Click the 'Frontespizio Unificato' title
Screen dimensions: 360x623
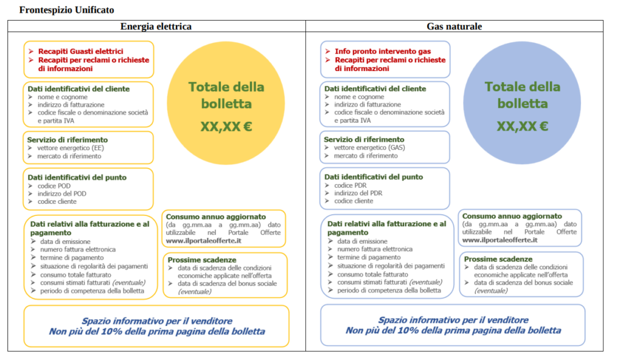(x=67, y=10)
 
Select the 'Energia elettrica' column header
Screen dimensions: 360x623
(x=156, y=27)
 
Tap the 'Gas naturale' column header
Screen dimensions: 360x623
(x=454, y=27)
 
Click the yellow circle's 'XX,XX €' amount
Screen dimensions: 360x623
(x=225, y=126)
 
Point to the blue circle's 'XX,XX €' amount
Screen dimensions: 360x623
(x=522, y=126)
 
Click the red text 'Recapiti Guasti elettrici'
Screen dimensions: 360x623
(x=80, y=52)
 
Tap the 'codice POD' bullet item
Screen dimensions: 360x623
(x=54, y=185)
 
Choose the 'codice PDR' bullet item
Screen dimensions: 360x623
(x=350, y=185)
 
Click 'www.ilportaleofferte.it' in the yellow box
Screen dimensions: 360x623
(x=203, y=241)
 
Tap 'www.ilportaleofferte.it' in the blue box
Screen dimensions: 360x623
(x=499, y=240)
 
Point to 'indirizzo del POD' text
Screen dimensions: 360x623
(x=62, y=193)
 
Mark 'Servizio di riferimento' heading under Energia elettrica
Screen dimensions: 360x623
(x=68, y=140)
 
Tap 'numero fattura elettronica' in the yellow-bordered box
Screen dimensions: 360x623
(x=78, y=249)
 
